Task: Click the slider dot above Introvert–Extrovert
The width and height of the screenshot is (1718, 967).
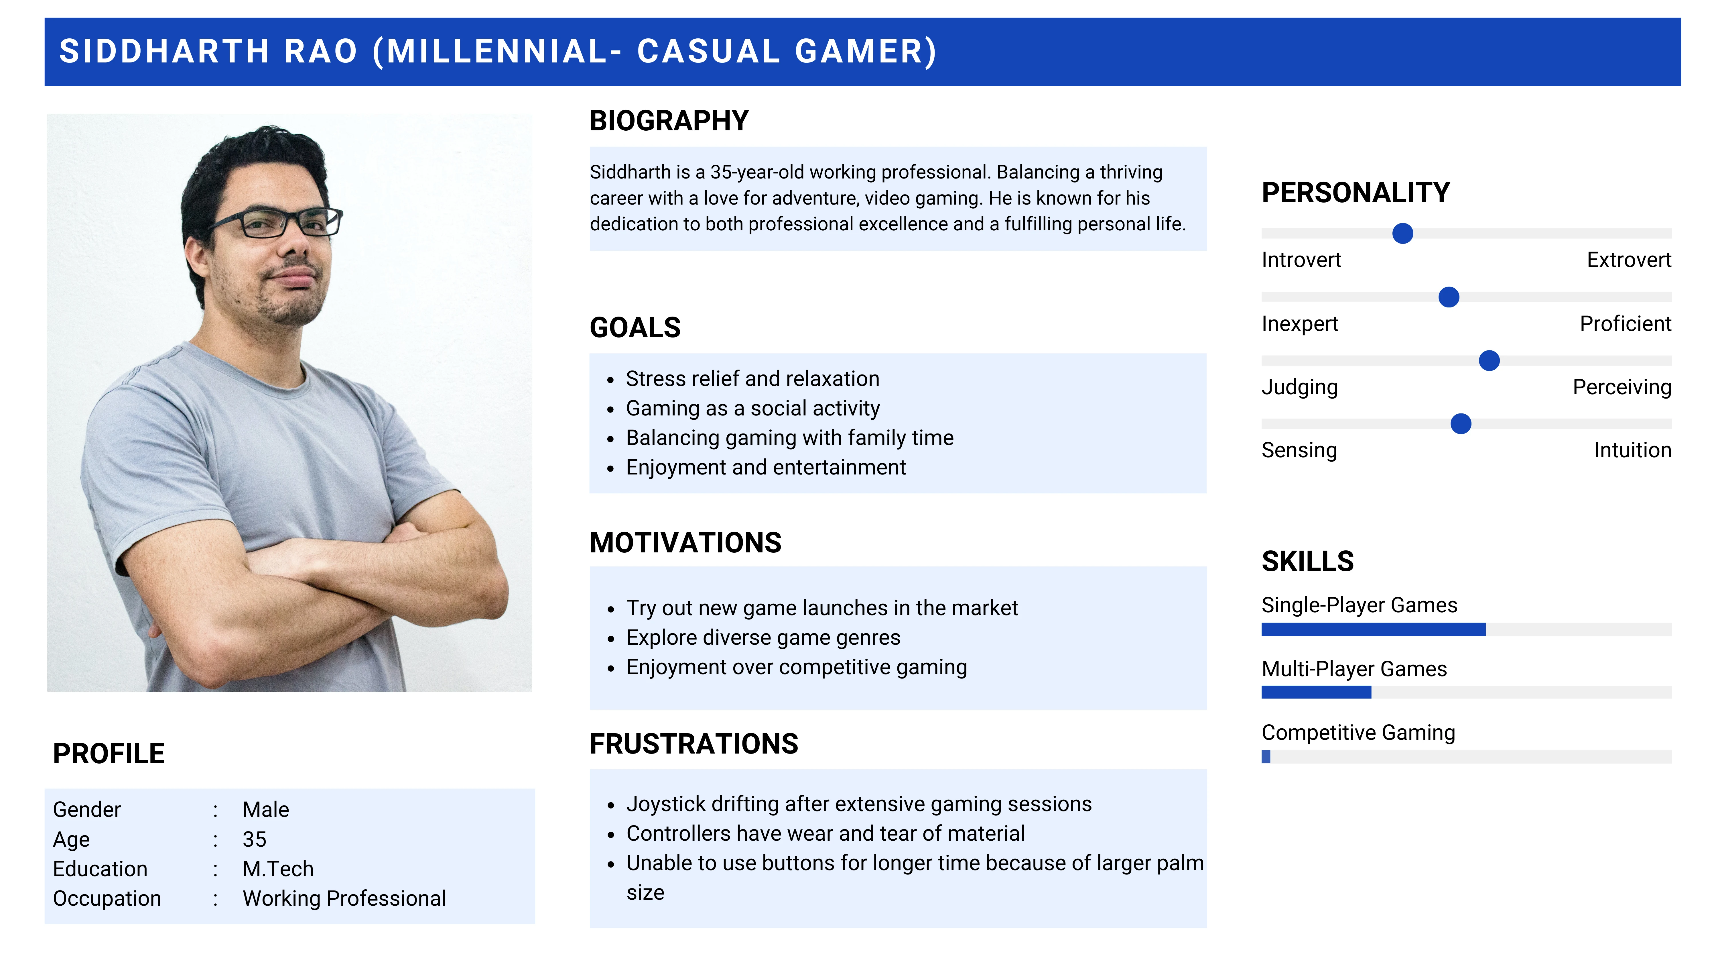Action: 1402,234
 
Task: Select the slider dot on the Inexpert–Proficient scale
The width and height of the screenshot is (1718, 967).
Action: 1449,297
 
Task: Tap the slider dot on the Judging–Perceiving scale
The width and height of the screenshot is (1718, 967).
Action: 1489,360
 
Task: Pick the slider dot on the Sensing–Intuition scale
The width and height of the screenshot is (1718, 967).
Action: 1461,424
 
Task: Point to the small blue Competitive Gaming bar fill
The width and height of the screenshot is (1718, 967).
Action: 1266,757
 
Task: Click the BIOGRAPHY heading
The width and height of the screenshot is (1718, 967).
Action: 669,121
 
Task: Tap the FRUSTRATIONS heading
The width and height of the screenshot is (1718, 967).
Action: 693,744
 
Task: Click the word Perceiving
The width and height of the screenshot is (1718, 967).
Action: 1622,387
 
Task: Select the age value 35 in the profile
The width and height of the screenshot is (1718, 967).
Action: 254,839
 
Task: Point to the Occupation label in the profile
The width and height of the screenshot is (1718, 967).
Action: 107,899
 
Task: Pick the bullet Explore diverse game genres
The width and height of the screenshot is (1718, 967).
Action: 763,638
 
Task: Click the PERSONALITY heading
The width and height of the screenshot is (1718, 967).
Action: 1355,193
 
